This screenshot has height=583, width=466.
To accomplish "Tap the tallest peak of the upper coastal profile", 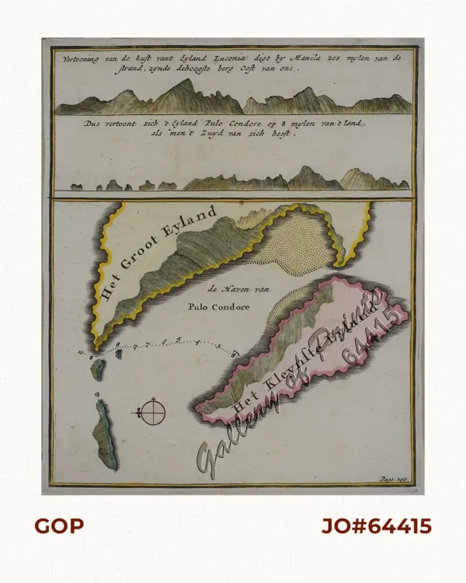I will coord(186,83).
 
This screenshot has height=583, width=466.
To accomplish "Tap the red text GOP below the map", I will coord(59,526).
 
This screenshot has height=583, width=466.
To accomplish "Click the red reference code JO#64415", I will coord(377,526).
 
